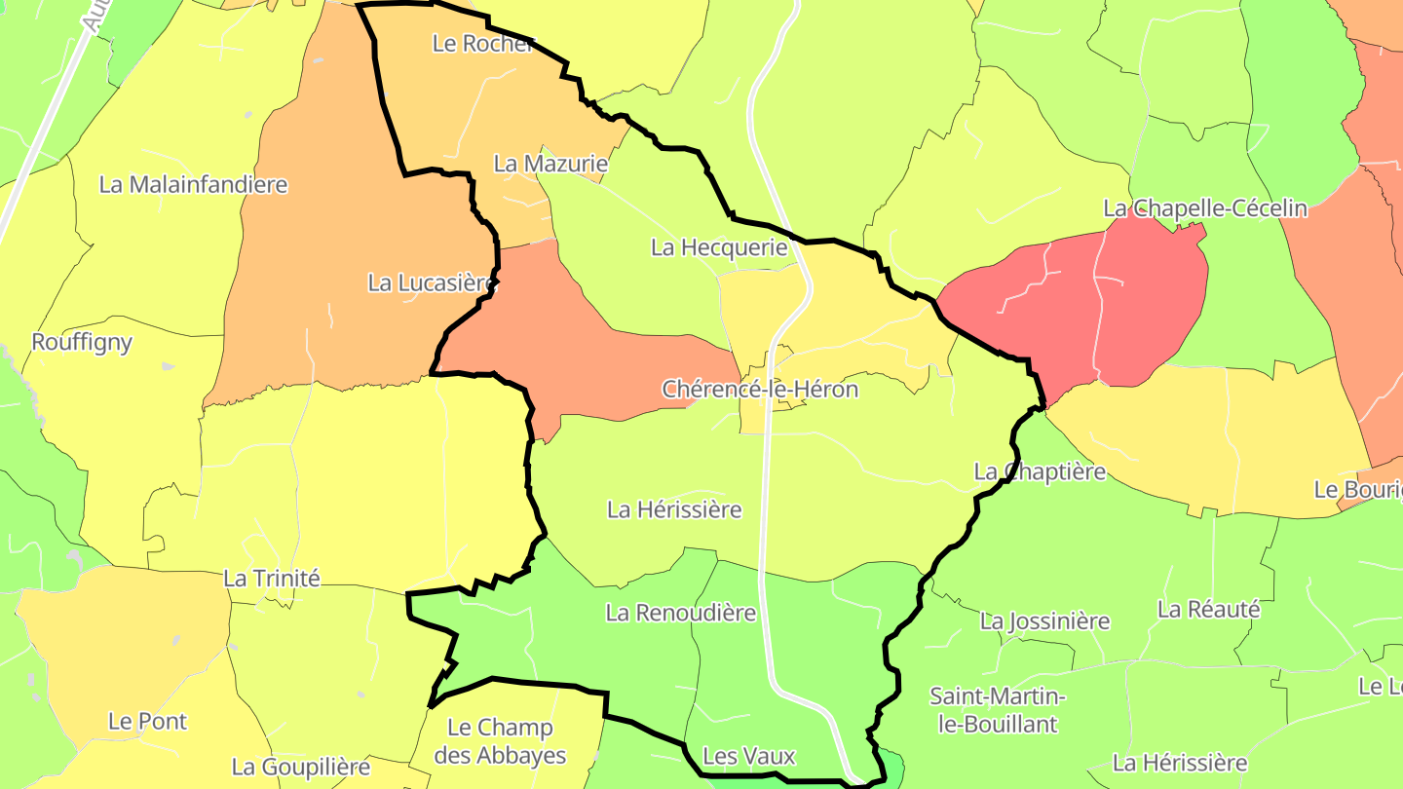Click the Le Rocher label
[x=483, y=44]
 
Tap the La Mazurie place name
[x=550, y=164]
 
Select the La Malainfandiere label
[x=194, y=184]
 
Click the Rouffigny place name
[x=82, y=342]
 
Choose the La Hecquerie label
[x=719, y=247]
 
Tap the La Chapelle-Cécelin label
[x=1205, y=208]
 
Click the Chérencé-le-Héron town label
[x=760, y=390]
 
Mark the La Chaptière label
[x=1040, y=471]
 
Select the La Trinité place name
[x=272, y=578]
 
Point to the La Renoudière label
[x=681, y=613]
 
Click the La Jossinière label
[x=1044, y=620]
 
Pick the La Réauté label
[x=1208, y=610]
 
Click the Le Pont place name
[x=147, y=722]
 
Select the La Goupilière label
[x=301, y=767]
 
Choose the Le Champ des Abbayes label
[x=500, y=741]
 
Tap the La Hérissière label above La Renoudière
[x=674, y=509]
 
